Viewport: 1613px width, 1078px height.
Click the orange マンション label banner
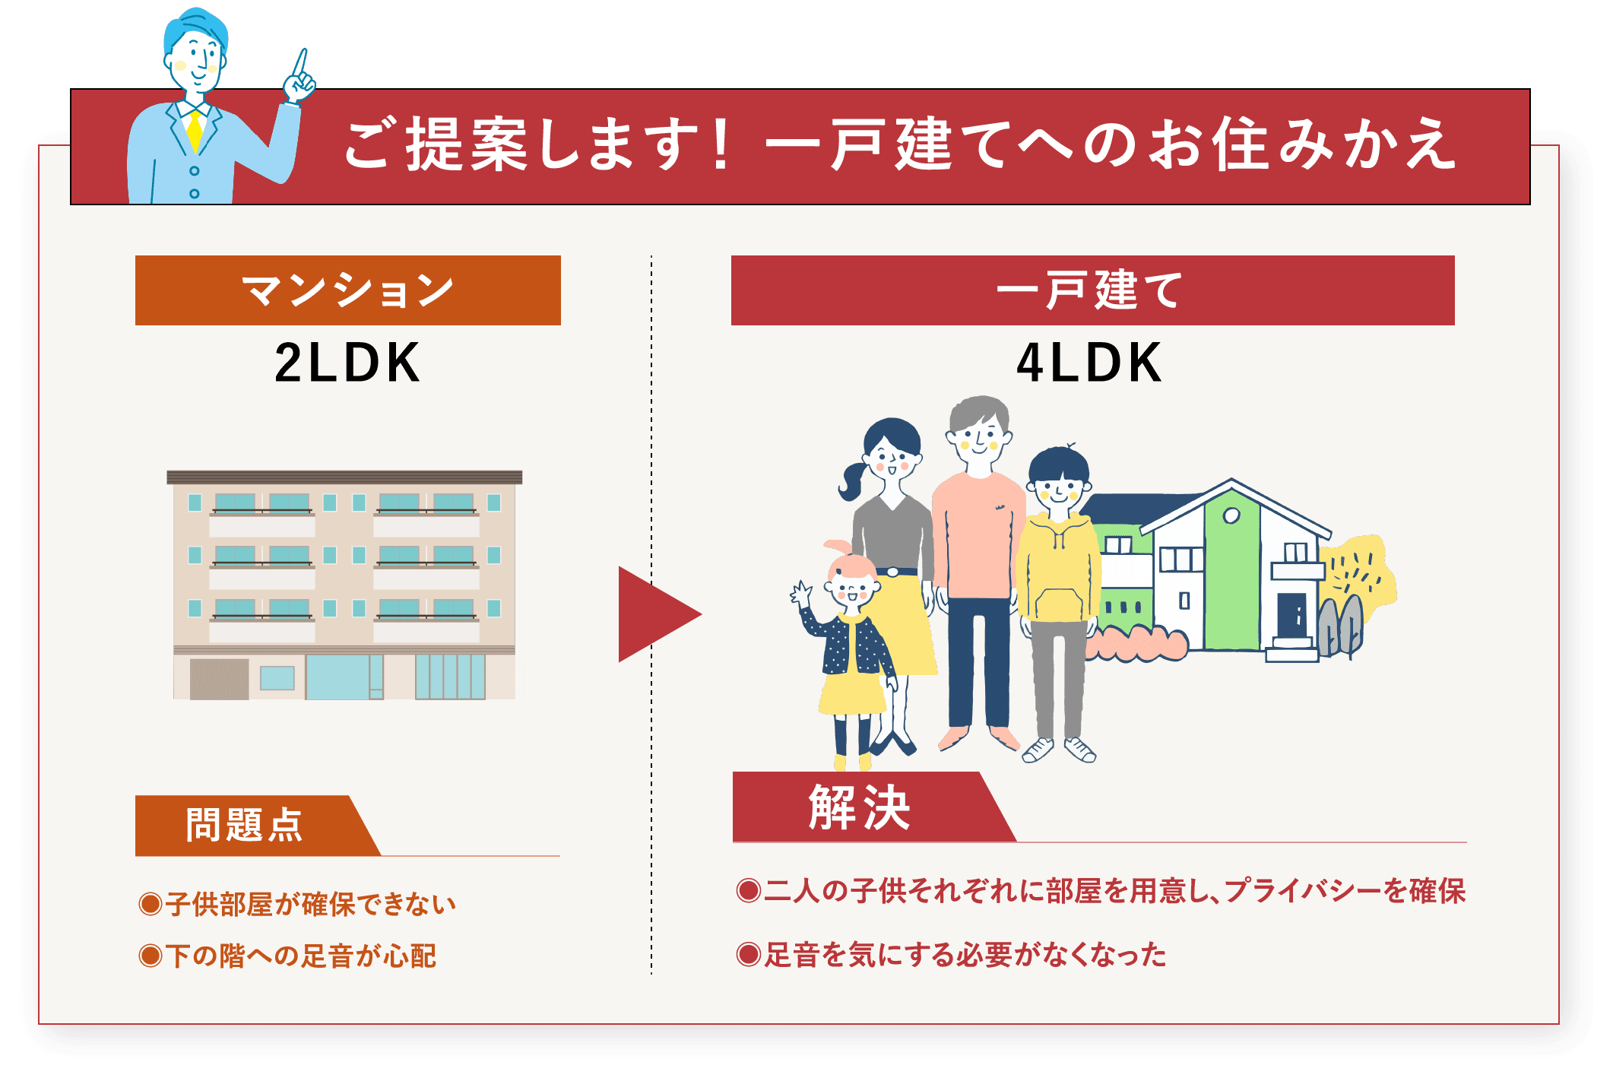tap(347, 290)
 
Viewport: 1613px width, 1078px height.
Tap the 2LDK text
tap(347, 363)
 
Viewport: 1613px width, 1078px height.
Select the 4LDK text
tap(1089, 363)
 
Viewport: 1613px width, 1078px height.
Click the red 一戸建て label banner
tap(1092, 290)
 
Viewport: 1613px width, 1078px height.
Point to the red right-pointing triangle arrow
tap(655, 614)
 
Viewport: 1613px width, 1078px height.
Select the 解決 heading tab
tap(859, 807)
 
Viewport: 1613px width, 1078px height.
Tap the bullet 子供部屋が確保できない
tap(298, 904)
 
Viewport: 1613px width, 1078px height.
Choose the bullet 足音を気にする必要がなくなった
tap(952, 954)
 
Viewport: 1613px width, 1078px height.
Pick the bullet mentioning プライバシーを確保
tap(1101, 890)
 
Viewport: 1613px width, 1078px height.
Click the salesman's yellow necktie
tap(195, 131)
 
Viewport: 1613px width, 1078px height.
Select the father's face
tap(979, 437)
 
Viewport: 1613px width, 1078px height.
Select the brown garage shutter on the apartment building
tap(219, 679)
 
